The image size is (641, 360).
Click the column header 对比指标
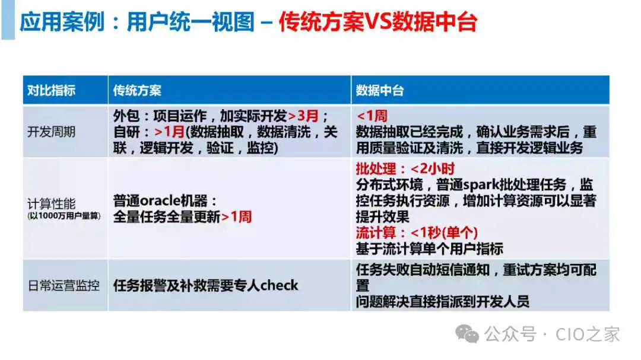[x=51, y=90]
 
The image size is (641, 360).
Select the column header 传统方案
[x=137, y=90]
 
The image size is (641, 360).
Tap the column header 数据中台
[x=380, y=90]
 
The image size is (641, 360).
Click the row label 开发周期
[x=51, y=132]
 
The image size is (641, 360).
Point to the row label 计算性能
[x=51, y=203]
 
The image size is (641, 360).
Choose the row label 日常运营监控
[x=64, y=285]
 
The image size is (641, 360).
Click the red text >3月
[x=303, y=116]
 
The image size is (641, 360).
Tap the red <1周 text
[x=372, y=116]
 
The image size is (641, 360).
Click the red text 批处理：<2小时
[x=405, y=168]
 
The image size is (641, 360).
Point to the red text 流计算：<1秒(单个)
[x=417, y=232]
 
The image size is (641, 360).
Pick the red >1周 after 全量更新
[x=236, y=216]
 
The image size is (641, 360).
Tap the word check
[x=279, y=285]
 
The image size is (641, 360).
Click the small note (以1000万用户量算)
[x=64, y=216]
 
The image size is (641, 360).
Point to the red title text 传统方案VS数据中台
[x=377, y=22]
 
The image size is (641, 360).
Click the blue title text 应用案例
[x=62, y=22]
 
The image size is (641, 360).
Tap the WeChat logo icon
[x=467, y=334]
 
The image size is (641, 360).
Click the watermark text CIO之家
[x=588, y=334]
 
